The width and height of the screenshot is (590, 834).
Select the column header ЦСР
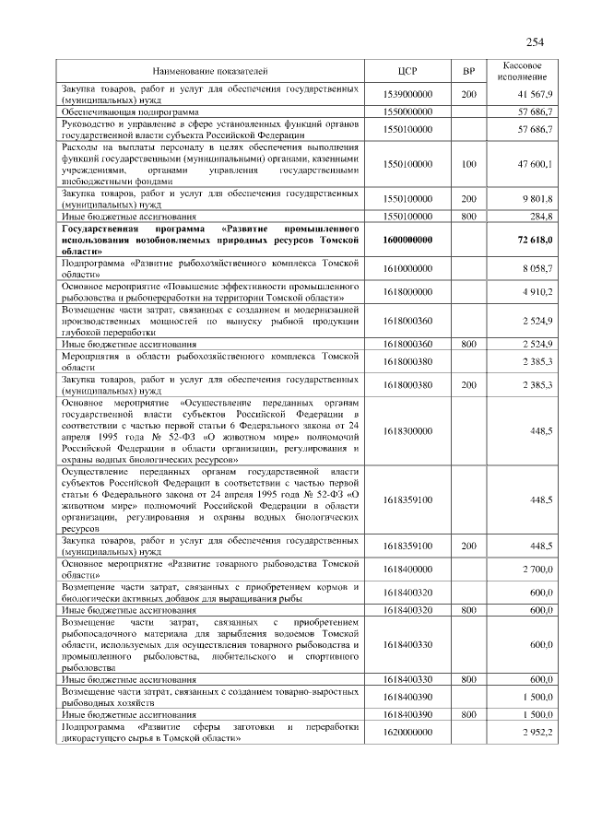point(407,70)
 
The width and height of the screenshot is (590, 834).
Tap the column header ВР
point(467,70)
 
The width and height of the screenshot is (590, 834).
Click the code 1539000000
point(407,94)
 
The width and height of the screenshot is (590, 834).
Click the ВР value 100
point(468,163)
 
